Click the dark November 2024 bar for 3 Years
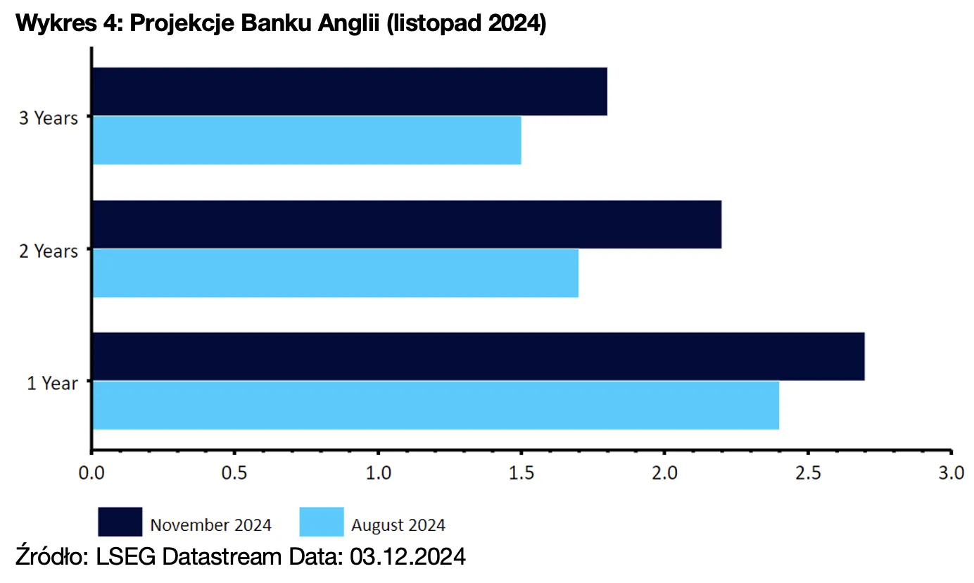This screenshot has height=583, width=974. pyautogui.click(x=350, y=92)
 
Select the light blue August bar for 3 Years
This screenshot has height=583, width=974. pyautogui.click(x=307, y=140)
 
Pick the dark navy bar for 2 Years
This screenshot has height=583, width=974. pyautogui.click(x=407, y=225)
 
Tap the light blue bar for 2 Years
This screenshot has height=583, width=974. pyautogui.click(x=335, y=273)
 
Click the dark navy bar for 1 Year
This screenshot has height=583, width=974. pyautogui.click(x=479, y=356)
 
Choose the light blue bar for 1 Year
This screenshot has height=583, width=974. pyautogui.click(x=436, y=405)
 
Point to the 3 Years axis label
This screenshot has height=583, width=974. pyautogui.click(x=48, y=118)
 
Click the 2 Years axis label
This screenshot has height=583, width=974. pyautogui.click(x=48, y=251)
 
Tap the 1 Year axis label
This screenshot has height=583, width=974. pyautogui.click(x=52, y=384)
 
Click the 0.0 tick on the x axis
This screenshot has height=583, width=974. pyautogui.click(x=91, y=472)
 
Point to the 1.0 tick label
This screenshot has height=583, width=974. pyautogui.click(x=379, y=472)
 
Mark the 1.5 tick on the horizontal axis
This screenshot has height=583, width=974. pyautogui.click(x=521, y=472)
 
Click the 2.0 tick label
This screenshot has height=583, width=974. pyautogui.click(x=665, y=472)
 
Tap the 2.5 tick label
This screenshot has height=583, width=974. pyautogui.click(x=808, y=472)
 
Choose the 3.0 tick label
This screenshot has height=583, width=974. pyautogui.click(x=951, y=472)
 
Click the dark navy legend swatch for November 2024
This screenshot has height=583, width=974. pyautogui.click(x=120, y=522)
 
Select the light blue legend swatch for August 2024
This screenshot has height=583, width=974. pyautogui.click(x=322, y=522)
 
